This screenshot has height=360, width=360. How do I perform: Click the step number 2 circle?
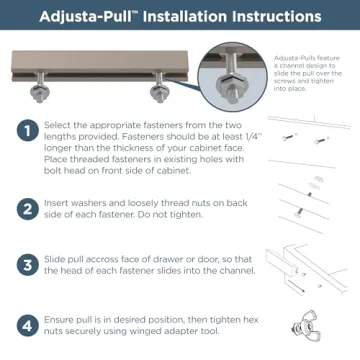(x=23, y=210)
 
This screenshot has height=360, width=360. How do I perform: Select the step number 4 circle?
(x=23, y=325)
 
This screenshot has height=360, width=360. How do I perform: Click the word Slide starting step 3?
(x=55, y=263)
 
